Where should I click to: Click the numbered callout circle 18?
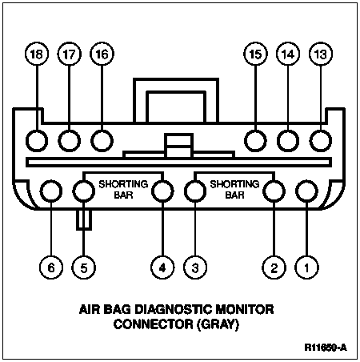pos(37,54)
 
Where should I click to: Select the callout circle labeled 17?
pos(70,54)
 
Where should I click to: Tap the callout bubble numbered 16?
pos(102,54)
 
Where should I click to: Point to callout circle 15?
pos(255,54)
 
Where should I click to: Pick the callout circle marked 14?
pos(288,54)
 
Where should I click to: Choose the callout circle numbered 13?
pos(321,54)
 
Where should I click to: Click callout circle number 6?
pos(51,267)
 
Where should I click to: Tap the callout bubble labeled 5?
pos(84,267)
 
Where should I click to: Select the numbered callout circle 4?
pos(162,267)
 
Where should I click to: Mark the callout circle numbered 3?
pos(195,267)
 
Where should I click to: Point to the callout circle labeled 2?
pos(274,267)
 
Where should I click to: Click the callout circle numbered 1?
pos(306,267)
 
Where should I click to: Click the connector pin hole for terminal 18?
pos(37,141)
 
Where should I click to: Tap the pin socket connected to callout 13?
pos(321,141)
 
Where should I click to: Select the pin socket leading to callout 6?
pos(51,191)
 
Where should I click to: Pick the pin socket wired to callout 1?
pos(306,191)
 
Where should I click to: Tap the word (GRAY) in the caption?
pos(218,324)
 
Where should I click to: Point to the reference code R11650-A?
pos(326,348)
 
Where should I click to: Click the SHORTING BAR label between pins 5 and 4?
pos(123,190)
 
